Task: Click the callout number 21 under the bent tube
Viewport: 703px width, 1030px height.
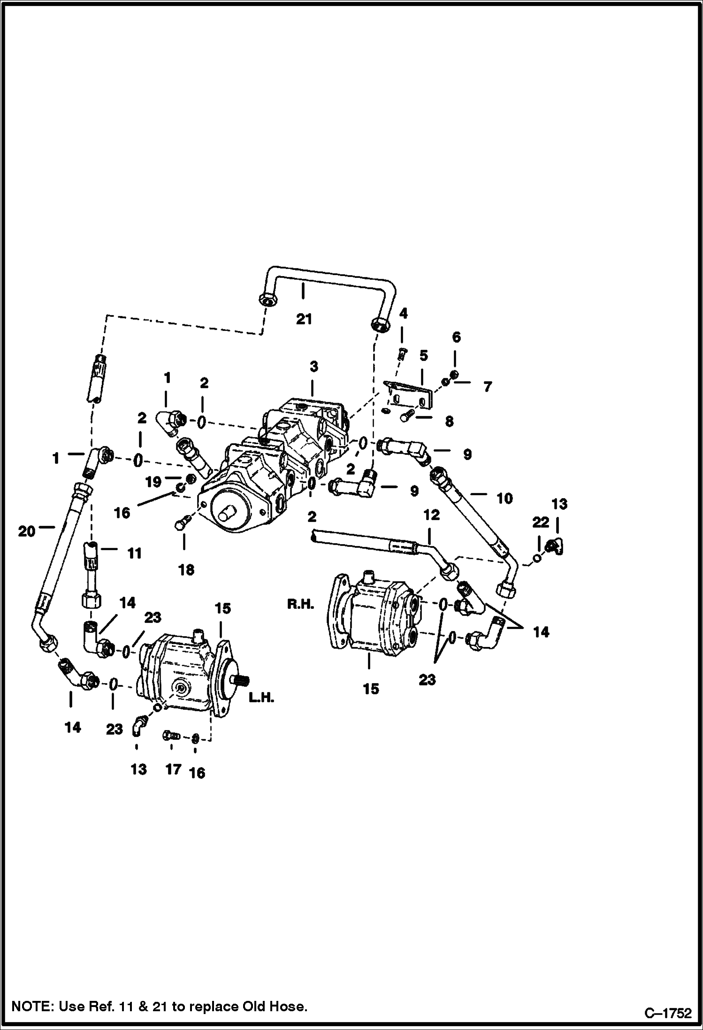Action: pos(304,319)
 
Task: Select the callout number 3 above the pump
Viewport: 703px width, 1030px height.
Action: pos(314,366)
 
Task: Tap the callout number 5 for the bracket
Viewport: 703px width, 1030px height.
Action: pos(424,355)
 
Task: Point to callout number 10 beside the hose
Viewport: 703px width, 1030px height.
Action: pos(504,498)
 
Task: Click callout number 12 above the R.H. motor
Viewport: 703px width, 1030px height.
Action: pos(431,515)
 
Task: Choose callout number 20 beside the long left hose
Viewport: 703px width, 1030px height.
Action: pos(27,532)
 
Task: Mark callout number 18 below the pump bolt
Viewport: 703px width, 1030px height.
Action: pos(186,570)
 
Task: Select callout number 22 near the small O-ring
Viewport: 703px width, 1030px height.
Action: pos(541,522)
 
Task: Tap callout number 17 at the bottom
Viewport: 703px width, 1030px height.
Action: pos(173,769)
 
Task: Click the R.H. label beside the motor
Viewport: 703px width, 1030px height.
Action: pos(300,605)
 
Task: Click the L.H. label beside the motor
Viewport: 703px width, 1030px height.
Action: pos(261,698)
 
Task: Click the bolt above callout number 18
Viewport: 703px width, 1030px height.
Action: pos(183,523)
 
